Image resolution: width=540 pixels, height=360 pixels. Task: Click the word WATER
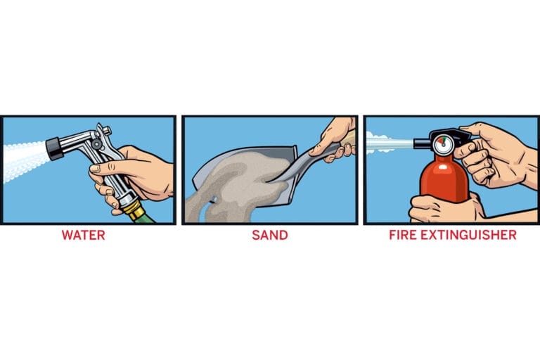pyautogui.click(x=84, y=235)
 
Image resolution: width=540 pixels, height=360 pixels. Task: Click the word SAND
pyautogui.click(x=270, y=235)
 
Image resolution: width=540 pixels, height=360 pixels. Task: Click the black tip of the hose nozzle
pyautogui.click(x=54, y=149)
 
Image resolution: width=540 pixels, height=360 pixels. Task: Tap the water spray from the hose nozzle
pyautogui.click(x=24, y=162)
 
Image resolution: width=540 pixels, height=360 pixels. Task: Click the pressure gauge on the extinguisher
pyautogui.click(x=443, y=145)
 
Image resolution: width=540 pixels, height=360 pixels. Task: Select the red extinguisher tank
pyautogui.click(x=444, y=179)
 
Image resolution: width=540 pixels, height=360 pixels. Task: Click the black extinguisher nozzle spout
pyautogui.click(x=422, y=143)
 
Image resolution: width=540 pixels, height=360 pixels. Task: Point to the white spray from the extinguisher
pyautogui.click(x=389, y=143)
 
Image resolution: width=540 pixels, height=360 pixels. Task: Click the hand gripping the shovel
pyautogui.click(x=334, y=139)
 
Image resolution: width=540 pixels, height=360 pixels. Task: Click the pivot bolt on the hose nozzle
pyautogui.click(x=96, y=143)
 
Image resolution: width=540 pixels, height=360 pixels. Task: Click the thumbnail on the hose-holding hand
pyautogui.click(x=95, y=169)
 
